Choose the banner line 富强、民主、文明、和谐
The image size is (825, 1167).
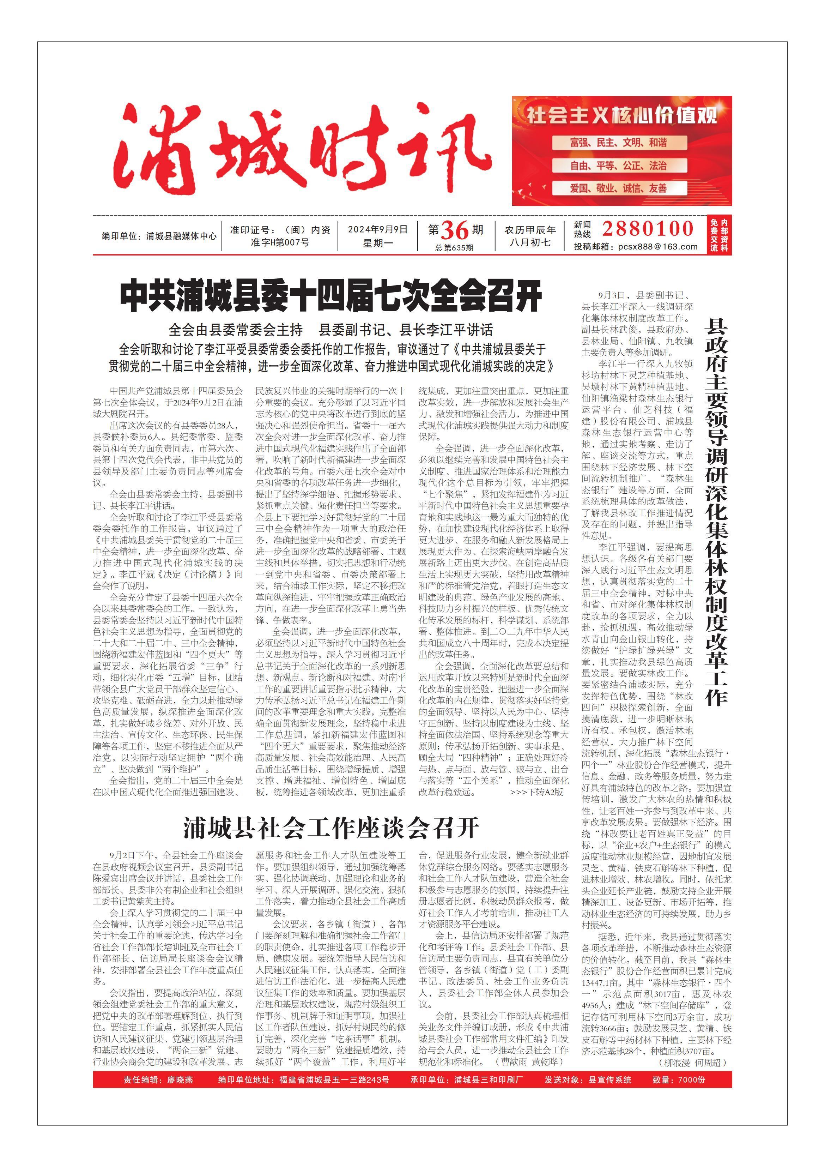[x=618, y=143]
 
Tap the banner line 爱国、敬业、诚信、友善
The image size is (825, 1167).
[x=618, y=188]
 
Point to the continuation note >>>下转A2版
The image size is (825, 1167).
[x=536, y=792]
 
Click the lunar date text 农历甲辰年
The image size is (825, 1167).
[x=530, y=230]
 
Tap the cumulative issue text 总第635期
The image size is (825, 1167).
[x=454, y=247]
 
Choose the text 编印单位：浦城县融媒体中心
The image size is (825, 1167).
[x=159, y=236]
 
